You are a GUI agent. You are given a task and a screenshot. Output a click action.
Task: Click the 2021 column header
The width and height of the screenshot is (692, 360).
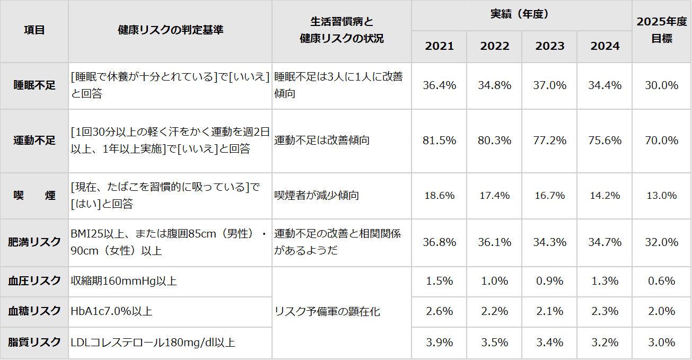click(439, 46)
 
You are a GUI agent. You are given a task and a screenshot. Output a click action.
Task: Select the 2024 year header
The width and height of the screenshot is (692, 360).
click(605, 46)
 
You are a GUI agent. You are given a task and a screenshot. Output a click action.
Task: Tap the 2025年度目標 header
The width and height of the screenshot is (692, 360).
click(661, 30)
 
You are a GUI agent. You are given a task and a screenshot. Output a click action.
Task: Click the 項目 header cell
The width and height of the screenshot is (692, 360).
click(34, 30)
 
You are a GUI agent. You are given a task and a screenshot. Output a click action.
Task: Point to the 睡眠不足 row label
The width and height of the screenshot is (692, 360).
click(34, 85)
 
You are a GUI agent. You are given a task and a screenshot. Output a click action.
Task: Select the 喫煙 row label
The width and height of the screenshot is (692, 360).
click(34, 196)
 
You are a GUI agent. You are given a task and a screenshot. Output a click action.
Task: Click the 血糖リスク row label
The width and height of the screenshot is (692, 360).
click(34, 311)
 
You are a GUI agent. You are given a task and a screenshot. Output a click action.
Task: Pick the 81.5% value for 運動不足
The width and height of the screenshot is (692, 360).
click(439, 141)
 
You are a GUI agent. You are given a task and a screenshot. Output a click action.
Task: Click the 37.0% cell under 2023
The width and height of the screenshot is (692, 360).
click(550, 85)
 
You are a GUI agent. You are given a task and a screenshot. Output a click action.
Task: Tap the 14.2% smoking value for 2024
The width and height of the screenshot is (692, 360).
click(605, 196)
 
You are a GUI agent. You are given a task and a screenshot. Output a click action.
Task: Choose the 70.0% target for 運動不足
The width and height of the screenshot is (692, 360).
click(661, 141)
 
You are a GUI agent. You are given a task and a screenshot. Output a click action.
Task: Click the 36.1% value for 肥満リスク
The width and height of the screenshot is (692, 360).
click(495, 242)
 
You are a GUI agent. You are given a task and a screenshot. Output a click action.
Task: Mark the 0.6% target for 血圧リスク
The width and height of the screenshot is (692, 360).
click(661, 281)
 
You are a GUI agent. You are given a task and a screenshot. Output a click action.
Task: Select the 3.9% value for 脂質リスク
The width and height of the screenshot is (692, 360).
click(439, 343)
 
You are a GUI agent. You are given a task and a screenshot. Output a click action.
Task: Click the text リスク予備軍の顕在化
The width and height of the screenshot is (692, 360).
click(327, 312)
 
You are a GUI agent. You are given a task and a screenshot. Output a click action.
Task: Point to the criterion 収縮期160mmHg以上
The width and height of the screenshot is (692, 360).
click(124, 281)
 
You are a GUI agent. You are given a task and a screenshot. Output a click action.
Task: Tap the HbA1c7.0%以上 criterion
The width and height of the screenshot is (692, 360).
click(111, 311)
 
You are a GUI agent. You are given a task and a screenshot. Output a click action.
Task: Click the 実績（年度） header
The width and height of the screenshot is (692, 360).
click(522, 15)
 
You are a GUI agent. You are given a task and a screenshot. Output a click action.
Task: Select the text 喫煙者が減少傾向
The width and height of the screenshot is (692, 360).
click(317, 196)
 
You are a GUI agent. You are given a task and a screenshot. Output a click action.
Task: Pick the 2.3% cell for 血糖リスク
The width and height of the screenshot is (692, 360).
click(605, 311)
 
